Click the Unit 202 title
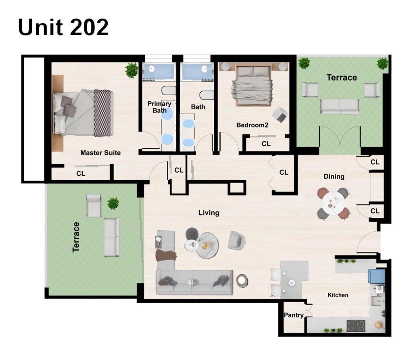point(63,27)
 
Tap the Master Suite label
point(100,153)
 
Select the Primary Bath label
point(159,107)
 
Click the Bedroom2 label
point(252,125)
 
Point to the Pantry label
point(293,315)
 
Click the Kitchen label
point(338,295)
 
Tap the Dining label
point(334,176)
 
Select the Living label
point(209,213)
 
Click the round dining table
point(333,203)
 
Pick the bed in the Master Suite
point(83,113)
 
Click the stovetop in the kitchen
point(356,325)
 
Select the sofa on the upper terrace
point(340,106)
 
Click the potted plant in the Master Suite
point(131,70)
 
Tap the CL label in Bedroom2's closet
point(266,144)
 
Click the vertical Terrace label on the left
point(76,237)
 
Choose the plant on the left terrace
point(113,203)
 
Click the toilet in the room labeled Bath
point(206,95)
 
